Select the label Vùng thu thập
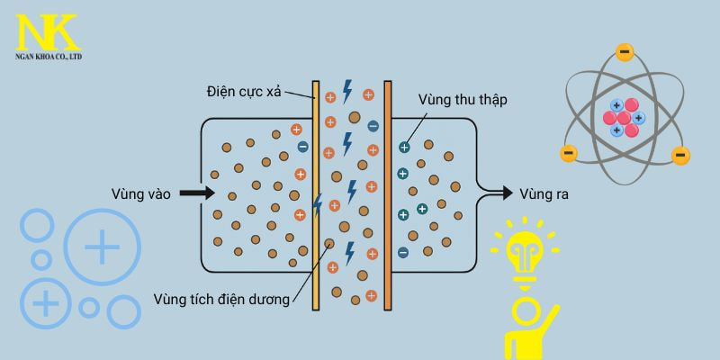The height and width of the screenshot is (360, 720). click(463, 99)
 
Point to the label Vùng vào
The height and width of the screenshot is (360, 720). click(140, 193)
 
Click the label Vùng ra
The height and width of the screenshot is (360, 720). click(544, 193)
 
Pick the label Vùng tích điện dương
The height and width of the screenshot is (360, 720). click(221, 299)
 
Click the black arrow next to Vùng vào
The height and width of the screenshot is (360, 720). click(196, 193)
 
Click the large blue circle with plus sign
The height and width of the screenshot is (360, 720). click(102, 246)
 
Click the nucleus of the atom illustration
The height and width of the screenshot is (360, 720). click(624, 118)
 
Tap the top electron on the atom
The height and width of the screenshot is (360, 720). click(625, 52)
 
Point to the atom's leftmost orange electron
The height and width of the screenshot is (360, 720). click(568, 153)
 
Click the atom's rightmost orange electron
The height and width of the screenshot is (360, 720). click(681, 156)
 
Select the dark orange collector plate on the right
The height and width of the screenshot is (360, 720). click(388, 195)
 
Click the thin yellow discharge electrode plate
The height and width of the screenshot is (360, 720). click(316, 195)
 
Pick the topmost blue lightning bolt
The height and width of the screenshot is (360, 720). click(346, 91)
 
